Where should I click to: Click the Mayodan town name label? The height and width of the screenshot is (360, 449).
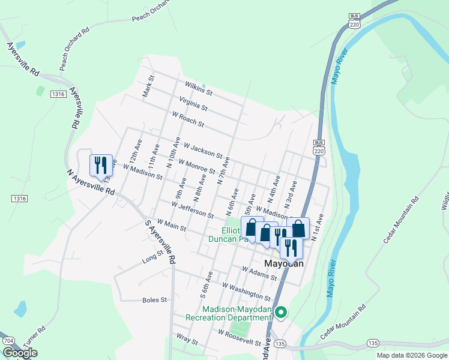[x=284, y=263]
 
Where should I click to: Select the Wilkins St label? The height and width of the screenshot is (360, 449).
[x=199, y=89]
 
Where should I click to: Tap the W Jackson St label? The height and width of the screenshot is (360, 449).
[x=203, y=150]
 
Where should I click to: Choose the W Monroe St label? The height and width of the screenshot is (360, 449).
[x=195, y=167]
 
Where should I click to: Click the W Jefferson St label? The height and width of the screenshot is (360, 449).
[x=192, y=210]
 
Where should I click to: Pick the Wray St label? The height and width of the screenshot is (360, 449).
[x=187, y=340]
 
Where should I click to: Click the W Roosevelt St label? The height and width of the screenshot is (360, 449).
[x=240, y=338]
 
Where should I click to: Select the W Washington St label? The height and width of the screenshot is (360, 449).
[x=246, y=291]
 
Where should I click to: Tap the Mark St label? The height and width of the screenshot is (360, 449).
[x=147, y=86]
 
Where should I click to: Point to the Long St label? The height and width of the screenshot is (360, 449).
[x=152, y=257]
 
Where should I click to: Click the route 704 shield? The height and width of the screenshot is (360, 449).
[x=8, y=341]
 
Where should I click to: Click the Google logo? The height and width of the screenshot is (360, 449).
[x=20, y=353]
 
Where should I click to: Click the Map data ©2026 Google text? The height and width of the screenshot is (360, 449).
[x=411, y=355]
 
